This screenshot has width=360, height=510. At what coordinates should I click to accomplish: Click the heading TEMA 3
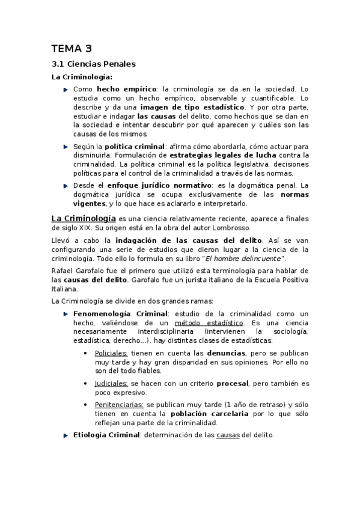tap(72, 49)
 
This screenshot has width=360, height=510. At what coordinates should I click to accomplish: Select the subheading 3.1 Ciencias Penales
tap(93, 64)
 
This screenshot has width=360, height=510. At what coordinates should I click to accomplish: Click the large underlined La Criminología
tap(83, 219)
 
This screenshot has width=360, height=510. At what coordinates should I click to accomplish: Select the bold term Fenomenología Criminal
tap(120, 314)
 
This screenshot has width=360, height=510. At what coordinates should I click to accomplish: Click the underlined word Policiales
tap(111, 354)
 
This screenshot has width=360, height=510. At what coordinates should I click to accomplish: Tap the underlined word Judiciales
tap(111, 383)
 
